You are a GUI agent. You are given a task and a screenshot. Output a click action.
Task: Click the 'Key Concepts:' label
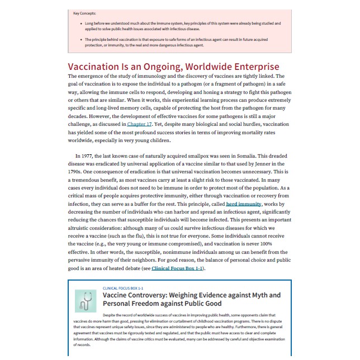click(x=84, y=13)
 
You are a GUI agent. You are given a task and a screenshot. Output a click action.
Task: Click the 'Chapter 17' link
click(x=139, y=123)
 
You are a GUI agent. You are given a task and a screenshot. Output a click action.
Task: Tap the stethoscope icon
click(x=86, y=301)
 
